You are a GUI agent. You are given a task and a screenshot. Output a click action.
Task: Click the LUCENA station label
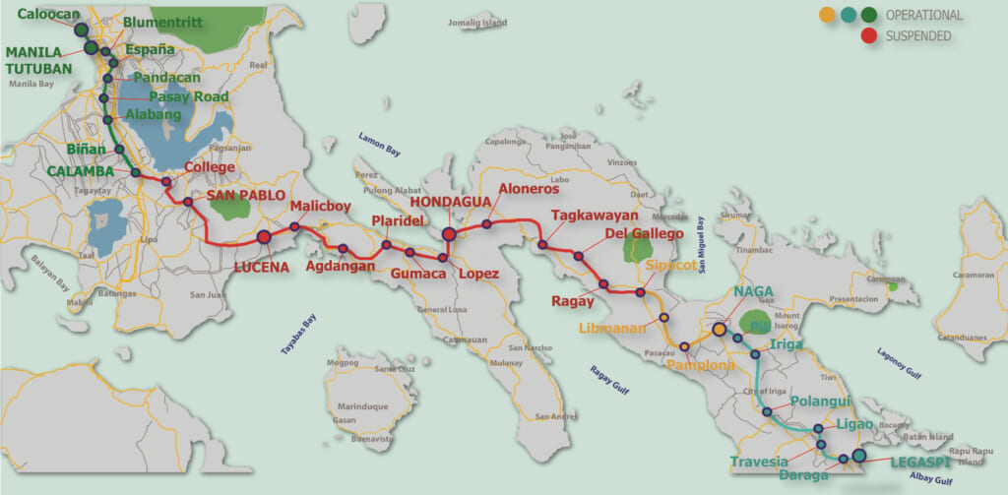click(265, 267)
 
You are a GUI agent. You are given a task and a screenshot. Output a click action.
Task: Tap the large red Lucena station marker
click(264, 236)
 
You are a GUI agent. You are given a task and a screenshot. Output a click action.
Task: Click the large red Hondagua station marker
click(449, 234)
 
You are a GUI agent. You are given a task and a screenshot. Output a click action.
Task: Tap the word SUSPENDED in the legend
click(918, 36)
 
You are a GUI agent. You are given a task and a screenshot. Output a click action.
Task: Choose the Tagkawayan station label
click(595, 215)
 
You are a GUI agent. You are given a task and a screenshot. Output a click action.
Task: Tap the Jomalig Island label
click(477, 22)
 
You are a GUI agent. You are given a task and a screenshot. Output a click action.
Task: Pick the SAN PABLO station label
click(245, 196)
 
